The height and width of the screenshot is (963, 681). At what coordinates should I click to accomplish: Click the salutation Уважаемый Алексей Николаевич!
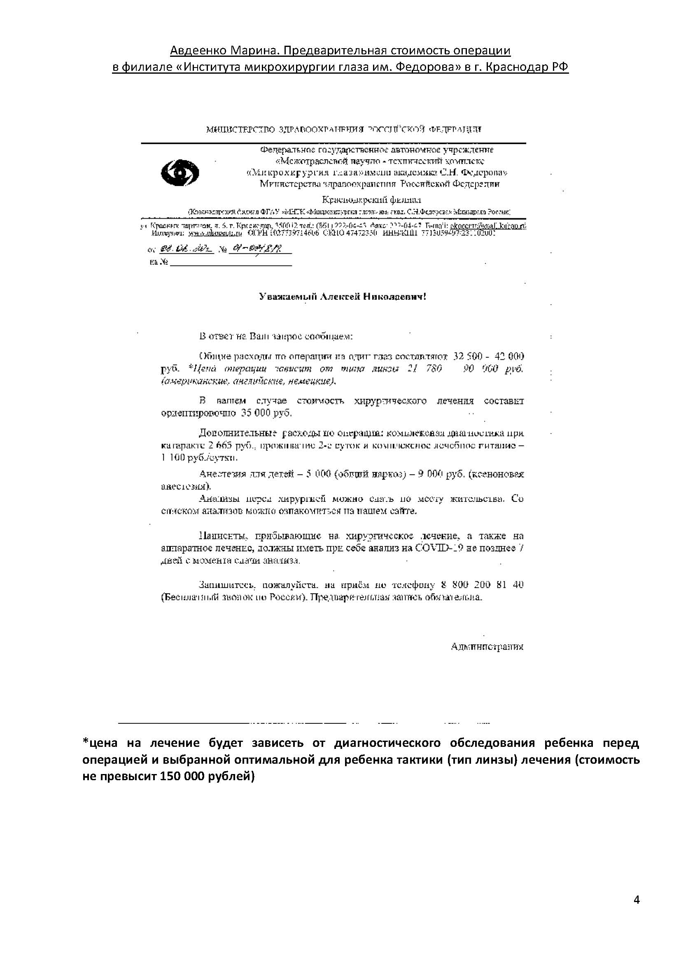coord(342,297)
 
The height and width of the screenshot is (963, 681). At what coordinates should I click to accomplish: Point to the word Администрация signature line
coord(487,646)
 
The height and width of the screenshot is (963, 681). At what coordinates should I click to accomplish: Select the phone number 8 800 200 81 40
coord(482,585)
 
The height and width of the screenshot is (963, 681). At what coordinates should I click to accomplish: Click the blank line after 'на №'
coord(231,263)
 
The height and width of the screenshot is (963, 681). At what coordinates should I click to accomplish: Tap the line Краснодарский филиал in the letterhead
coord(371,200)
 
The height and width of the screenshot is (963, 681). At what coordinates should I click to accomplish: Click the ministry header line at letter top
coord(344,130)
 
